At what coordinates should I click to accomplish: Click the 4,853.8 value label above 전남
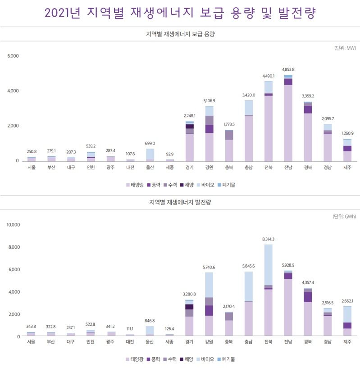click(288, 69)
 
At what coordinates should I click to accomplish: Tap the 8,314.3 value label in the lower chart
click(268, 239)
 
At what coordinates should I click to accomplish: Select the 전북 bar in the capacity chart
click(269, 121)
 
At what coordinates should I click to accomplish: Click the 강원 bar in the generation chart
click(209, 304)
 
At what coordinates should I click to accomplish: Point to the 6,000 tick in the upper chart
click(13, 56)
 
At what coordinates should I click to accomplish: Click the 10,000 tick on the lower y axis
click(14, 225)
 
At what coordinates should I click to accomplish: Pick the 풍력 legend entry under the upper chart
click(154, 185)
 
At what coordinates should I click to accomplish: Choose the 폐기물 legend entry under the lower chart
click(226, 359)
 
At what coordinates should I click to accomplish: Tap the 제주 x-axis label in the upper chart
click(347, 168)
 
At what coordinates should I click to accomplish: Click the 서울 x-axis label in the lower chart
click(31, 342)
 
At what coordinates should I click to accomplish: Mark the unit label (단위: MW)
click(345, 48)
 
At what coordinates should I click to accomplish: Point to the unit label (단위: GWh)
click(344, 216)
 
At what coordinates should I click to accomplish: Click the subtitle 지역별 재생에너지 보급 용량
click(180, 34)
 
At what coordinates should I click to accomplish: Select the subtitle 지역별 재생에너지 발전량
click(180, 202)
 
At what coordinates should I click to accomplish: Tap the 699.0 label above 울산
click(150, 143)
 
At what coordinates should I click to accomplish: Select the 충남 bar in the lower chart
click(248, 304)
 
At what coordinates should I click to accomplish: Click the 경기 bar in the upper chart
click(190, 141)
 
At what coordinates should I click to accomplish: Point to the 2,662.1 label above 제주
click(347, 301)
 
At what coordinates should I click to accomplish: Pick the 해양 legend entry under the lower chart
click(187, 359)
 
